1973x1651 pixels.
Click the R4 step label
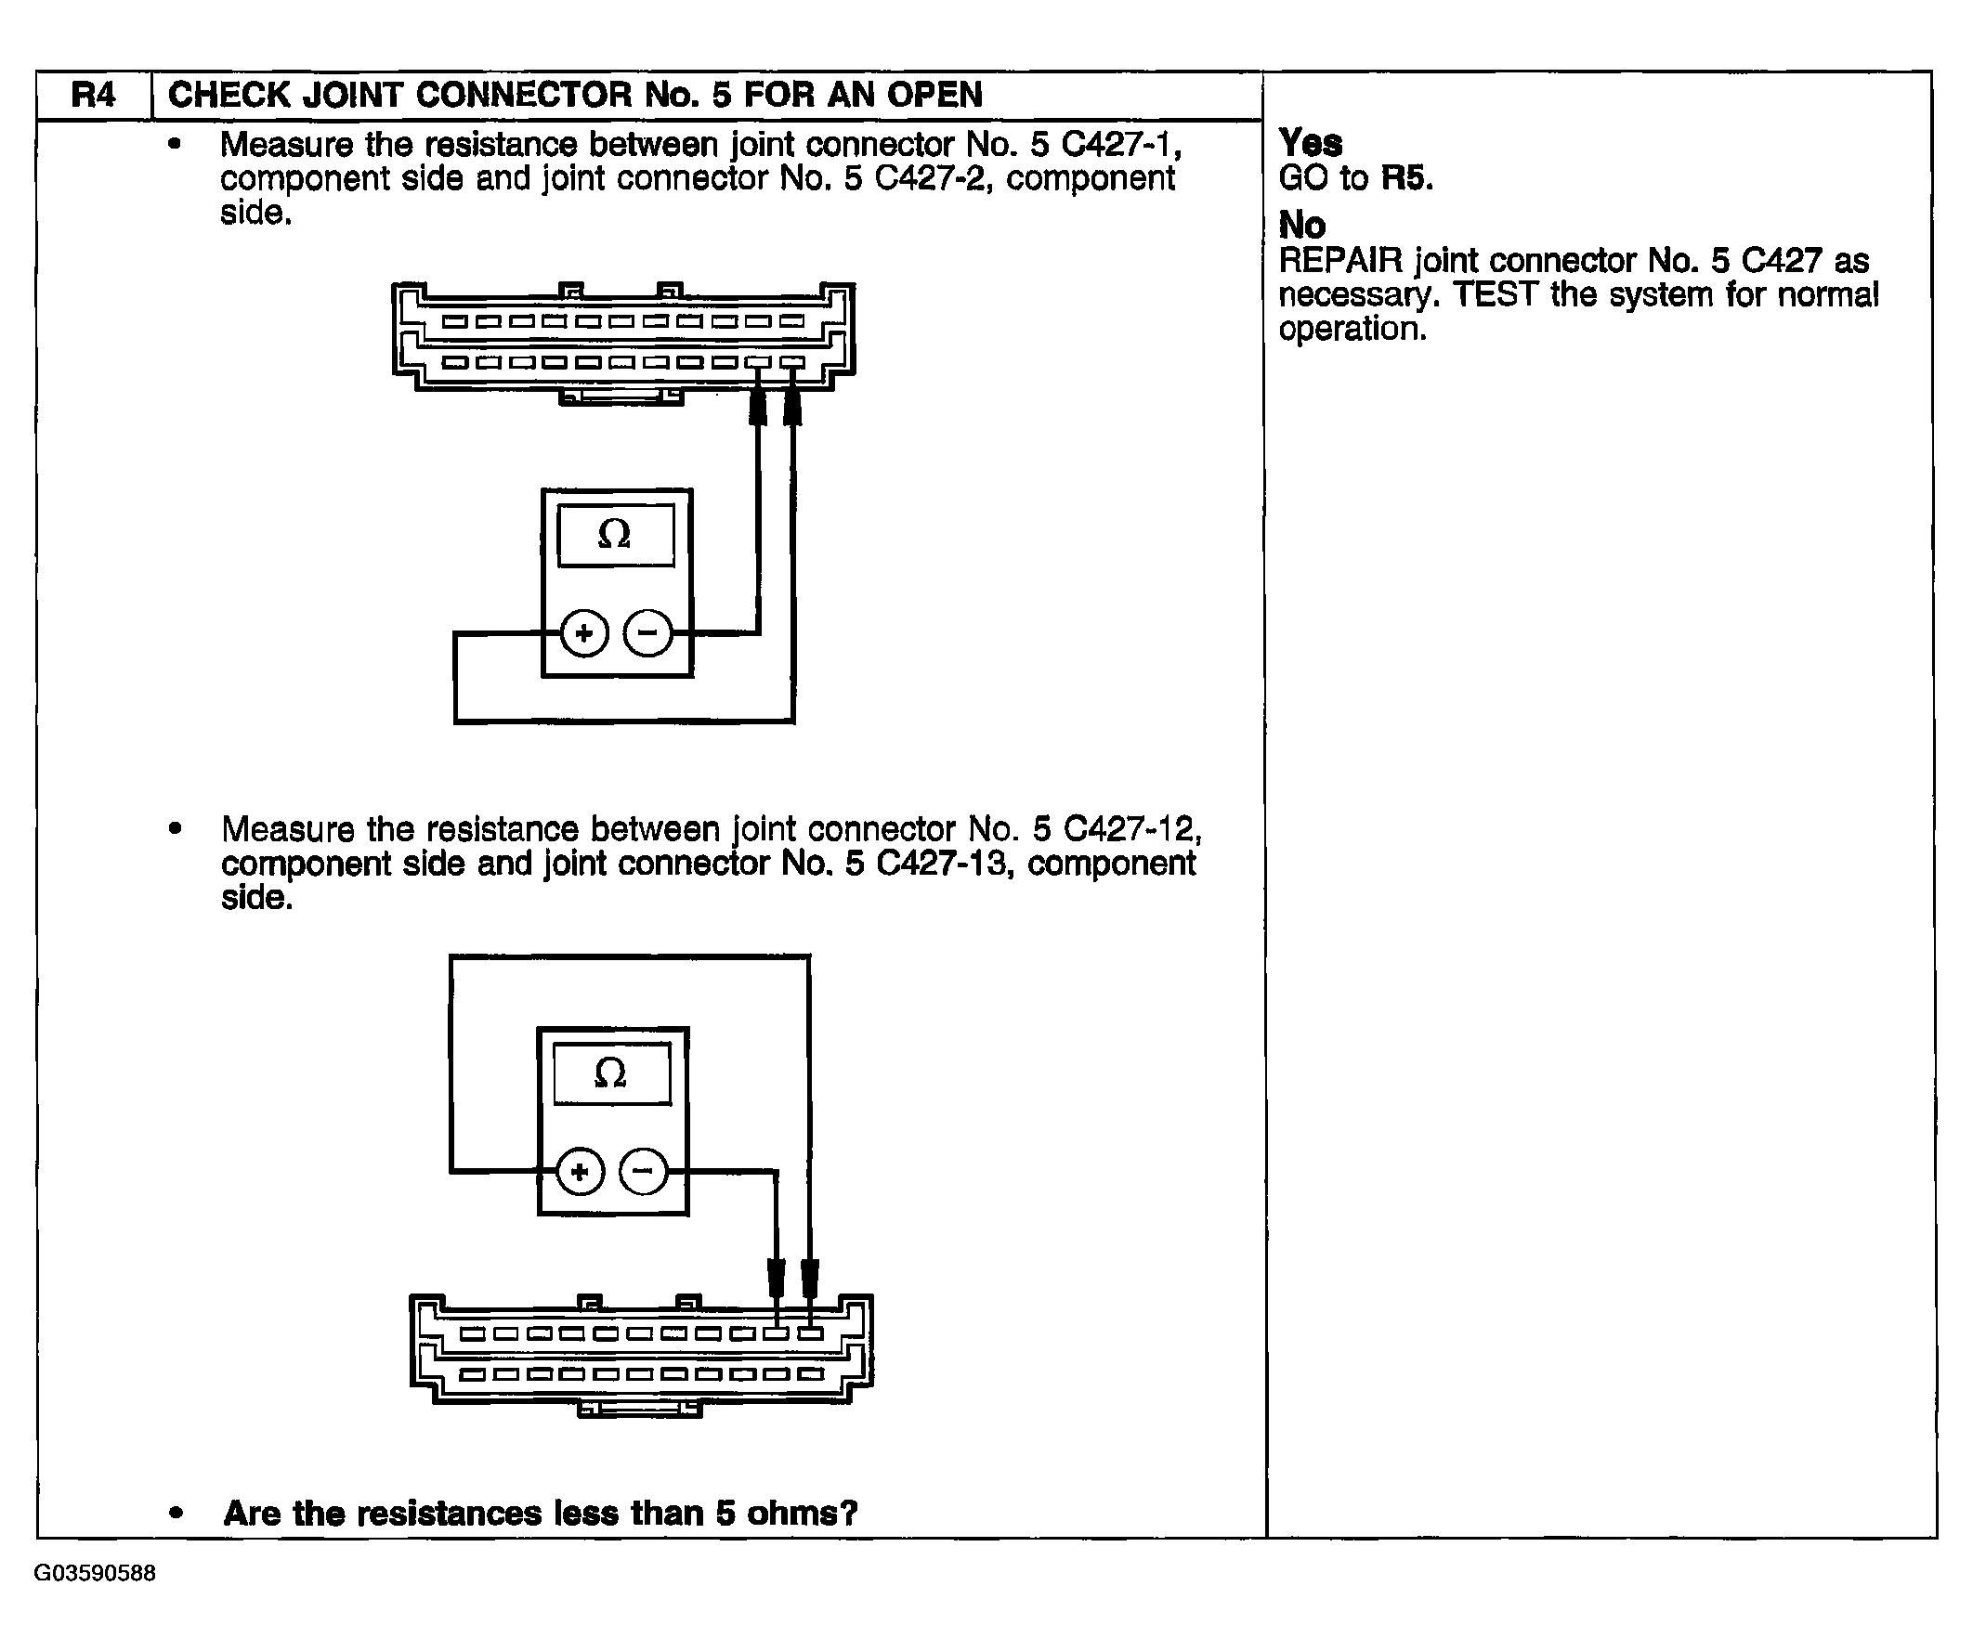pos(93,95)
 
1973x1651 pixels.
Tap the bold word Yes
pos(1310,143)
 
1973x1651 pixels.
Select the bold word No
pos(1301,226)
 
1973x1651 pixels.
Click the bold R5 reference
pos(1405,177)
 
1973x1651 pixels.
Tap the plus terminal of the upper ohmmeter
pos(583,633)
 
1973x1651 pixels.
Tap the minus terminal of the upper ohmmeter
pos(648,633)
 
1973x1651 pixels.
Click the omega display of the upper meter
pos(615,535)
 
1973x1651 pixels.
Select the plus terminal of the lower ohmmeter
pos(580,1172)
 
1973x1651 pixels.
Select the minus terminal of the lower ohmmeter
pos(644,1172)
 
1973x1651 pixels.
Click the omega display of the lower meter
pos(611,1072)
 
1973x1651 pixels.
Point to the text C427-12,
pos(1132,829)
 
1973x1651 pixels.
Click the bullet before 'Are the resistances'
pos(175,1513)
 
